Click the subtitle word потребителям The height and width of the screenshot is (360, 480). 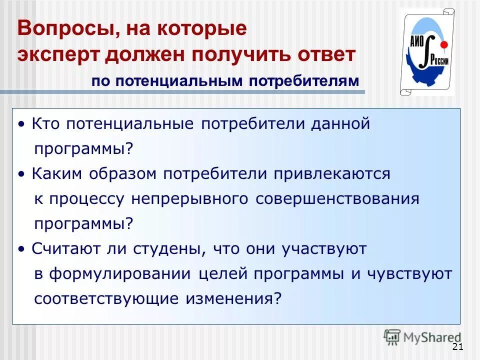(x=303, y=81)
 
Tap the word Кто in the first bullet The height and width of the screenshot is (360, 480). (x=45, y=124)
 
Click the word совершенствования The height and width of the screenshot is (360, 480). (x=337, y=198)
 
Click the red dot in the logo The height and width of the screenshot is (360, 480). (x=443, y=45)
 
